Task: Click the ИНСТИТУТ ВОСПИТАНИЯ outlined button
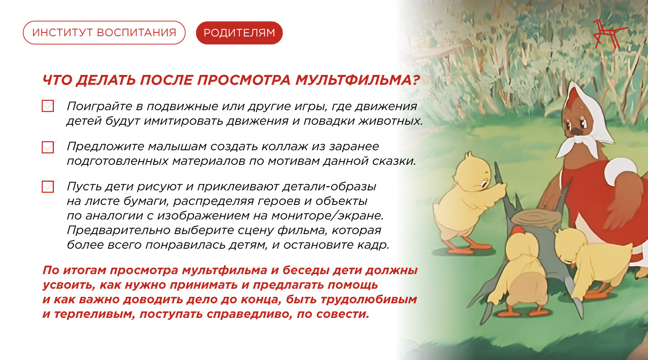point(104,33)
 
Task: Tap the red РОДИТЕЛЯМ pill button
point(239,33)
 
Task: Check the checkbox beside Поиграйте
point(48,106)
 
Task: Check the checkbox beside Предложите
point(48,147)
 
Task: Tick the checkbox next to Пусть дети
point(48,187)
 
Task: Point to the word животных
point(390,121)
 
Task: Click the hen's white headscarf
point(587,121)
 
